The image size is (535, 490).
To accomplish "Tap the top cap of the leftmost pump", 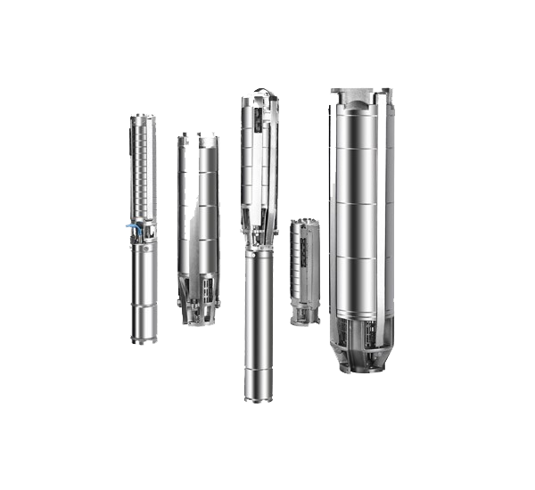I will [143, 118].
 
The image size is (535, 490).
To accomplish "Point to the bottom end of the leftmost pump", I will [143, 339].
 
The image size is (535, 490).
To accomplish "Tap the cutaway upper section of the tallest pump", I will [259, 160].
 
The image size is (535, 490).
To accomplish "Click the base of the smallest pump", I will [305, 316].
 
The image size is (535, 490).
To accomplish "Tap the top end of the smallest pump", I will [305, 223].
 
